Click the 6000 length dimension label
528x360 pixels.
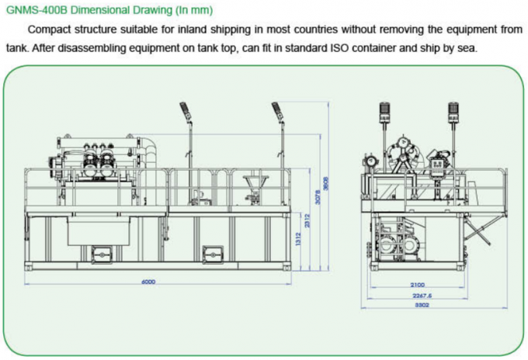point(148,282)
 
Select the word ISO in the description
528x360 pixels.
point(335,48)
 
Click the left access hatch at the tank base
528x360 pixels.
point(99,254)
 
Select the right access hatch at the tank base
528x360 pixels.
point(211,254)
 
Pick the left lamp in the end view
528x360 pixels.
point(382,111)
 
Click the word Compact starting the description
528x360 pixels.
point(48,30)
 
